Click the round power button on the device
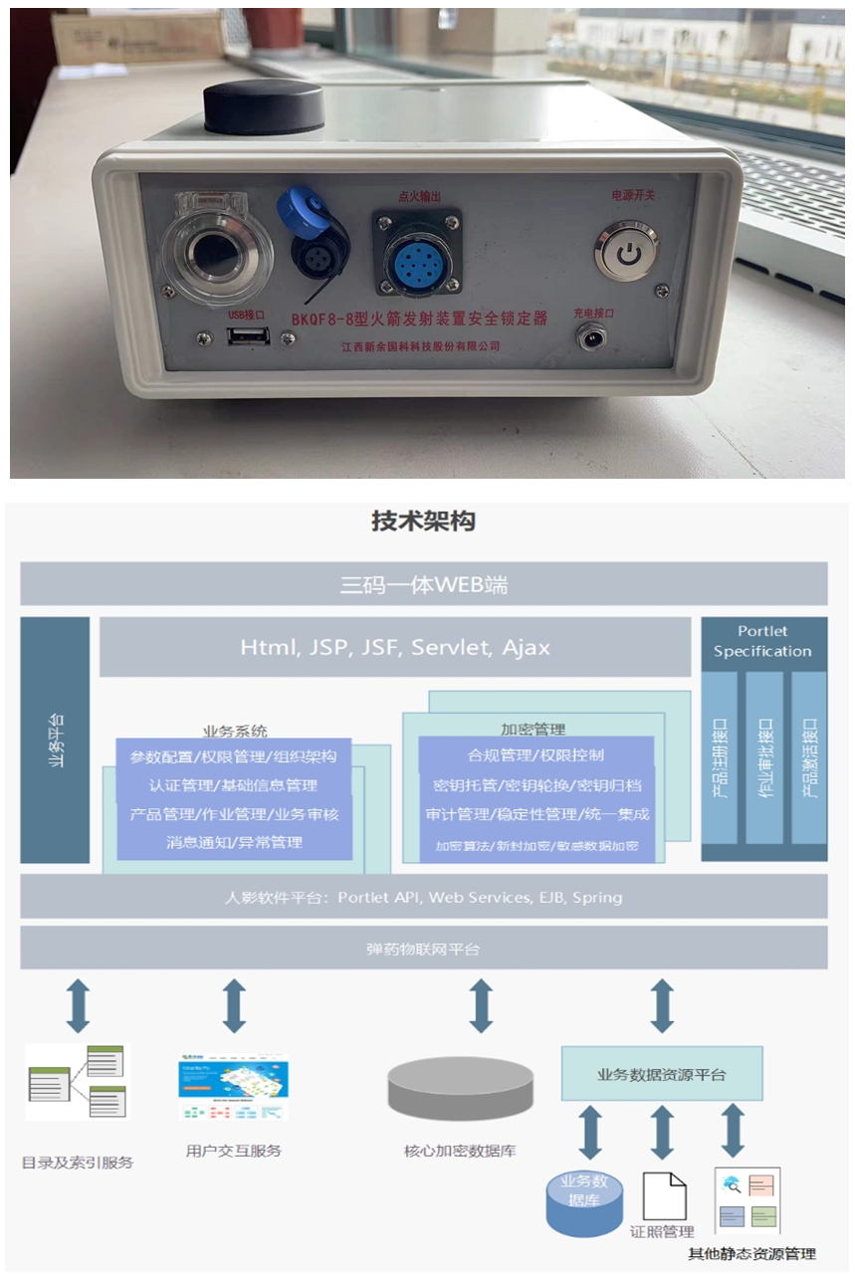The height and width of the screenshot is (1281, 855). coord(626,253)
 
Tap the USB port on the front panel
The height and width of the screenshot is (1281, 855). coord(243,336)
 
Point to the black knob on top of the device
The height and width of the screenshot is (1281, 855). coord(264,107)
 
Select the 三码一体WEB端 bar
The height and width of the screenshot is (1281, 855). coord(423,584)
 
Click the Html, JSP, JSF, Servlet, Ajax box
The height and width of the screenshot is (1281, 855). coord(394,647)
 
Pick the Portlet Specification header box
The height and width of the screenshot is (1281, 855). coord(762,642)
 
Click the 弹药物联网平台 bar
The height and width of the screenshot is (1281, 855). coord(423,949)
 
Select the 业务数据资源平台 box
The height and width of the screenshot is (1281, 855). coord(661,1074)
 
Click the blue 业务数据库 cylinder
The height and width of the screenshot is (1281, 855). coord(584,1201)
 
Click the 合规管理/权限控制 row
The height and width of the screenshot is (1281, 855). coord(535,755)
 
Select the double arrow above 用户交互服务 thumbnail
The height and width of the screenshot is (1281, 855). coord(234,1005)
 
